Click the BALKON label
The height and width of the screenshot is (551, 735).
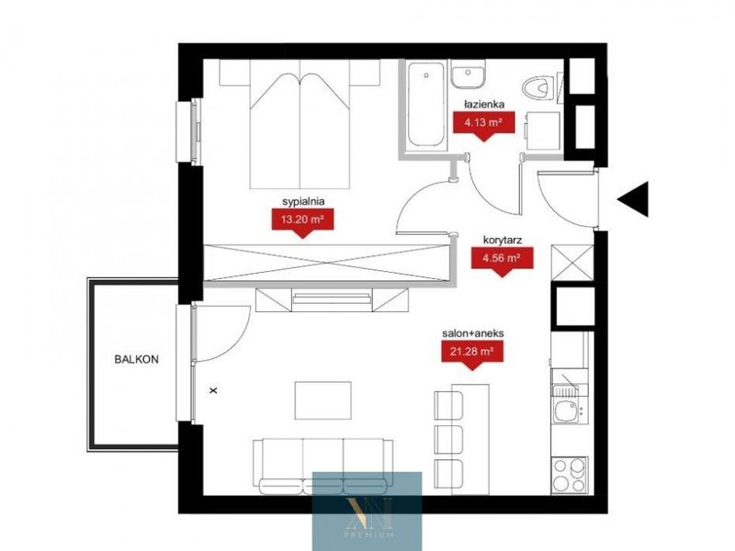click(136, 359)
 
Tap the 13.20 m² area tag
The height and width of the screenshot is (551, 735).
click(303, 220)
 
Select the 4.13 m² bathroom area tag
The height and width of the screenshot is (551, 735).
click(484, 124)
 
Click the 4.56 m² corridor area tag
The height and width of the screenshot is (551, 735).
click(502, 259)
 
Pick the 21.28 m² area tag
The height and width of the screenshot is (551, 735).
click(472, 353)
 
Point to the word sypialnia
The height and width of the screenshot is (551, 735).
click(303, 201)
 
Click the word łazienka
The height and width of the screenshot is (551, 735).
click(484, 105)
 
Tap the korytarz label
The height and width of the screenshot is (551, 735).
click(503, 241)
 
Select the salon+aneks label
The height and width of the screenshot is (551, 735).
click(473, 333)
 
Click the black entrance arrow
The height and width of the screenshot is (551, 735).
click(636, 199)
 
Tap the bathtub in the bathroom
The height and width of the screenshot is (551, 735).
click(425, 104)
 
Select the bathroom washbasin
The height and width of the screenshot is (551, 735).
click(469, 73)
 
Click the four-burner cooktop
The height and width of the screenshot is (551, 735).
click(570, 475)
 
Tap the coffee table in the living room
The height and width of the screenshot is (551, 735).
click(323, 400)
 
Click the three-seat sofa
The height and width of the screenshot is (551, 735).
click(323, 467)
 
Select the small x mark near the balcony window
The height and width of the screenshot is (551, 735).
click(213, 389)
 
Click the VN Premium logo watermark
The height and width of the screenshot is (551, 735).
click(367, 512)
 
